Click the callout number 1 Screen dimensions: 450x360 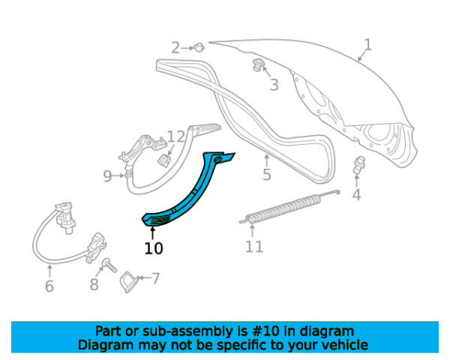tap(367, 44)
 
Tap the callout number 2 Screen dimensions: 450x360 tap(175, 48)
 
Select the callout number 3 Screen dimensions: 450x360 tap(274, 85)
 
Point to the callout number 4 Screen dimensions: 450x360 tap(356, 196)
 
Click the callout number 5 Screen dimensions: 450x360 tap(266, 176)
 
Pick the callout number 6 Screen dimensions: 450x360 tap(49, 286)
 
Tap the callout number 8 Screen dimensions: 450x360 tap(94, 284)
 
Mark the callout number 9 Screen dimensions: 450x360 tap(107, 176)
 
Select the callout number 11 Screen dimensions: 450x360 tap(254, 246)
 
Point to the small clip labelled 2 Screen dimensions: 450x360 tap(199, 47)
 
